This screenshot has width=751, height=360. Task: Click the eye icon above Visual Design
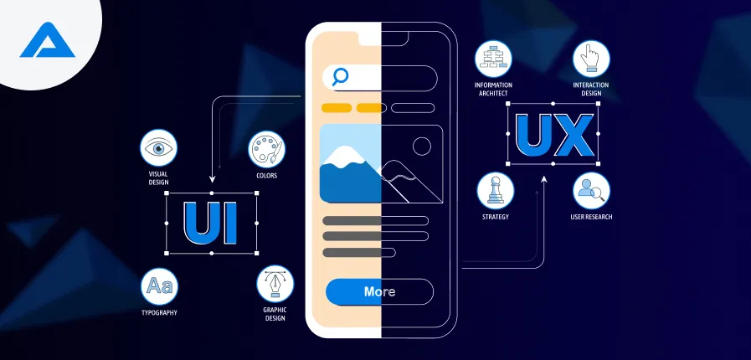coord(158,149)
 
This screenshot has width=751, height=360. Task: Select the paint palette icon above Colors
coord(267,150)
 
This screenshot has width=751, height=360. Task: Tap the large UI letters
coord(211,222)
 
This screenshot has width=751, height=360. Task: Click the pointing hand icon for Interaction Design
coord(590,59)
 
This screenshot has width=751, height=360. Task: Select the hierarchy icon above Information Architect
coord(493,59)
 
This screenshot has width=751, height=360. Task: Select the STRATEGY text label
coord(496,217)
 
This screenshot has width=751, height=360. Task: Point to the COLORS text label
coord(267,176)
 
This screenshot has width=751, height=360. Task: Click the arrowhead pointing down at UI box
coord(212,178)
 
